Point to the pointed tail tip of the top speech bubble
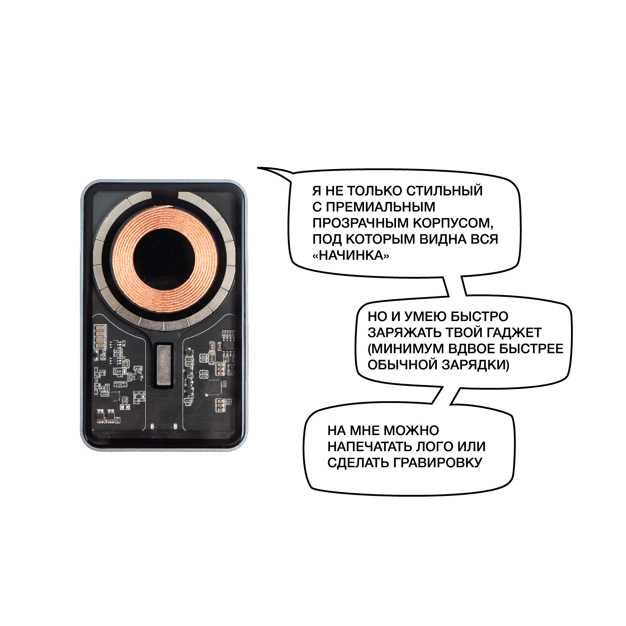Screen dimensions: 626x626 pyautogui.click(x=258, y=168)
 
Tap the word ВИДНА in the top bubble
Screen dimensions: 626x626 pyautogui.click(x=442, y=239)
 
